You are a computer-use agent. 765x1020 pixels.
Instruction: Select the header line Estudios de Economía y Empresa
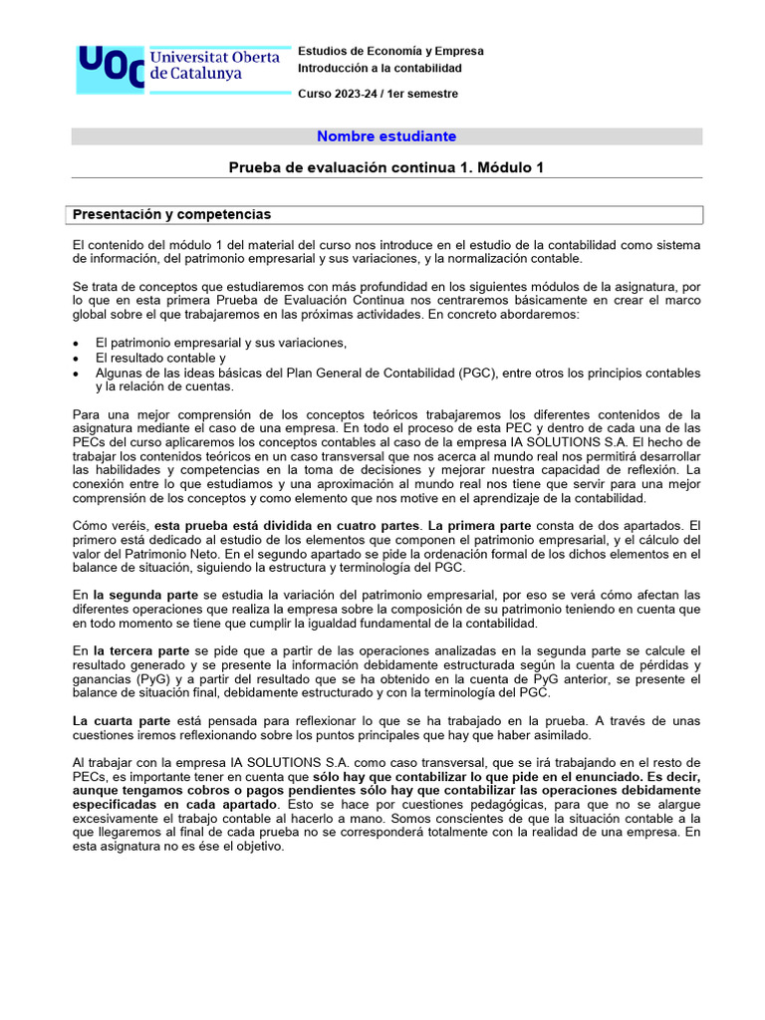click(x=391, y=51)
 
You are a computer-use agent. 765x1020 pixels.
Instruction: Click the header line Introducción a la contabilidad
click(x=381, y=69)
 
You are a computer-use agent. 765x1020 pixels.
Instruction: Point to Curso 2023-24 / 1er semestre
click(x=379, y=94)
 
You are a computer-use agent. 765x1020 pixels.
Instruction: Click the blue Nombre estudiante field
click(x=386, y=136)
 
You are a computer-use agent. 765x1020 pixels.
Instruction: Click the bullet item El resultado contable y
click(x=160, y=358)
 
